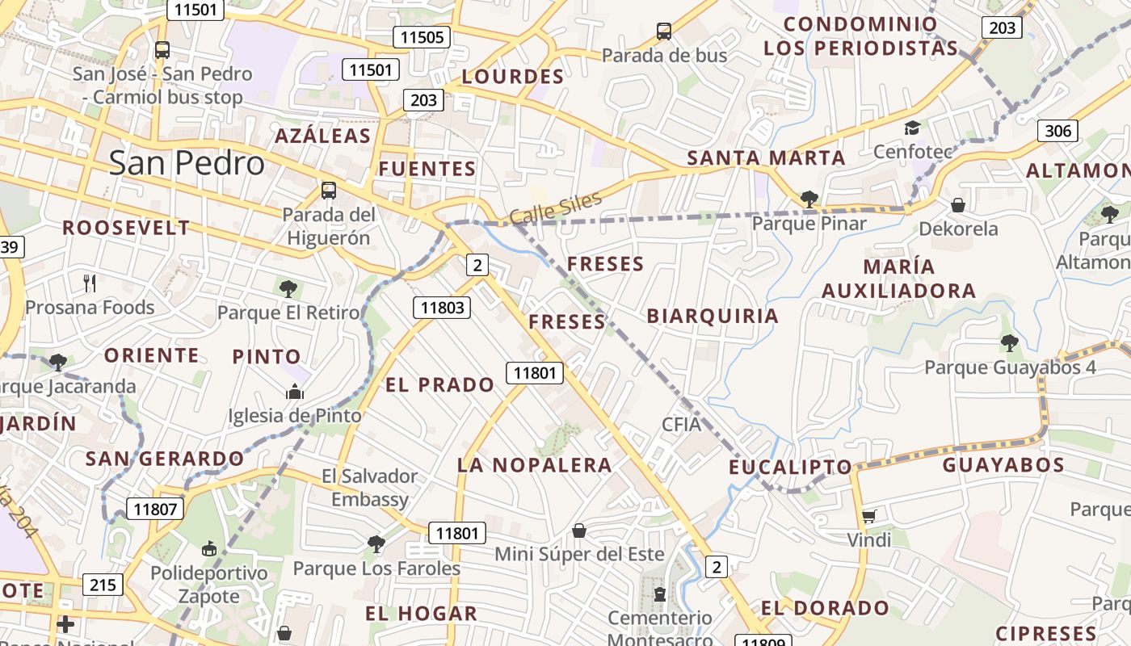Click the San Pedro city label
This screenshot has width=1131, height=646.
(x=187, y=163)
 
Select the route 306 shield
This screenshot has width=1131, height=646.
(x=1057, y=131)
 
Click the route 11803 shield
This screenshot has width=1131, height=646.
(x=443, y=307)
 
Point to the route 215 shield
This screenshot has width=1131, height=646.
(x=103, y=585)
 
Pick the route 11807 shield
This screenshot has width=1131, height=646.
(x=155, y=509)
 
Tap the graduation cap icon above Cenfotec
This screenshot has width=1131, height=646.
(x=912, y=128)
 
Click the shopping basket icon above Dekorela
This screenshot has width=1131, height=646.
(x=958, y=205)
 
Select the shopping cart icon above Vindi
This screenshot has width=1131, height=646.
(x=869, y=515)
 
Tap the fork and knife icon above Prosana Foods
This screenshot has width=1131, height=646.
(x=90, y=283)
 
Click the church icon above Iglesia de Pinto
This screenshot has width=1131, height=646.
(x=295, y=392)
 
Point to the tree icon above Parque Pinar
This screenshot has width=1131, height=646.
(x=809, y=199)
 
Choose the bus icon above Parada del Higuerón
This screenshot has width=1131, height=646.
(x=328, y=191)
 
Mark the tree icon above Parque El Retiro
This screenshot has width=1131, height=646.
(x=288, y=288)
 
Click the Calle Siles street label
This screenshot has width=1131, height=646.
(x=556, y=208)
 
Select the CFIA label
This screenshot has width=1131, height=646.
(x=681, y=424)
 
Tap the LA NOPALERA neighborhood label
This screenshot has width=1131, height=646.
(x=534, y=465)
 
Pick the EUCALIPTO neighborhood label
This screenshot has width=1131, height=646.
(x=790, y=467)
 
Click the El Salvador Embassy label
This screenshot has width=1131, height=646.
(x=370, y=488)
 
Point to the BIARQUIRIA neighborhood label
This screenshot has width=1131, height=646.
(x=713, y=316)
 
